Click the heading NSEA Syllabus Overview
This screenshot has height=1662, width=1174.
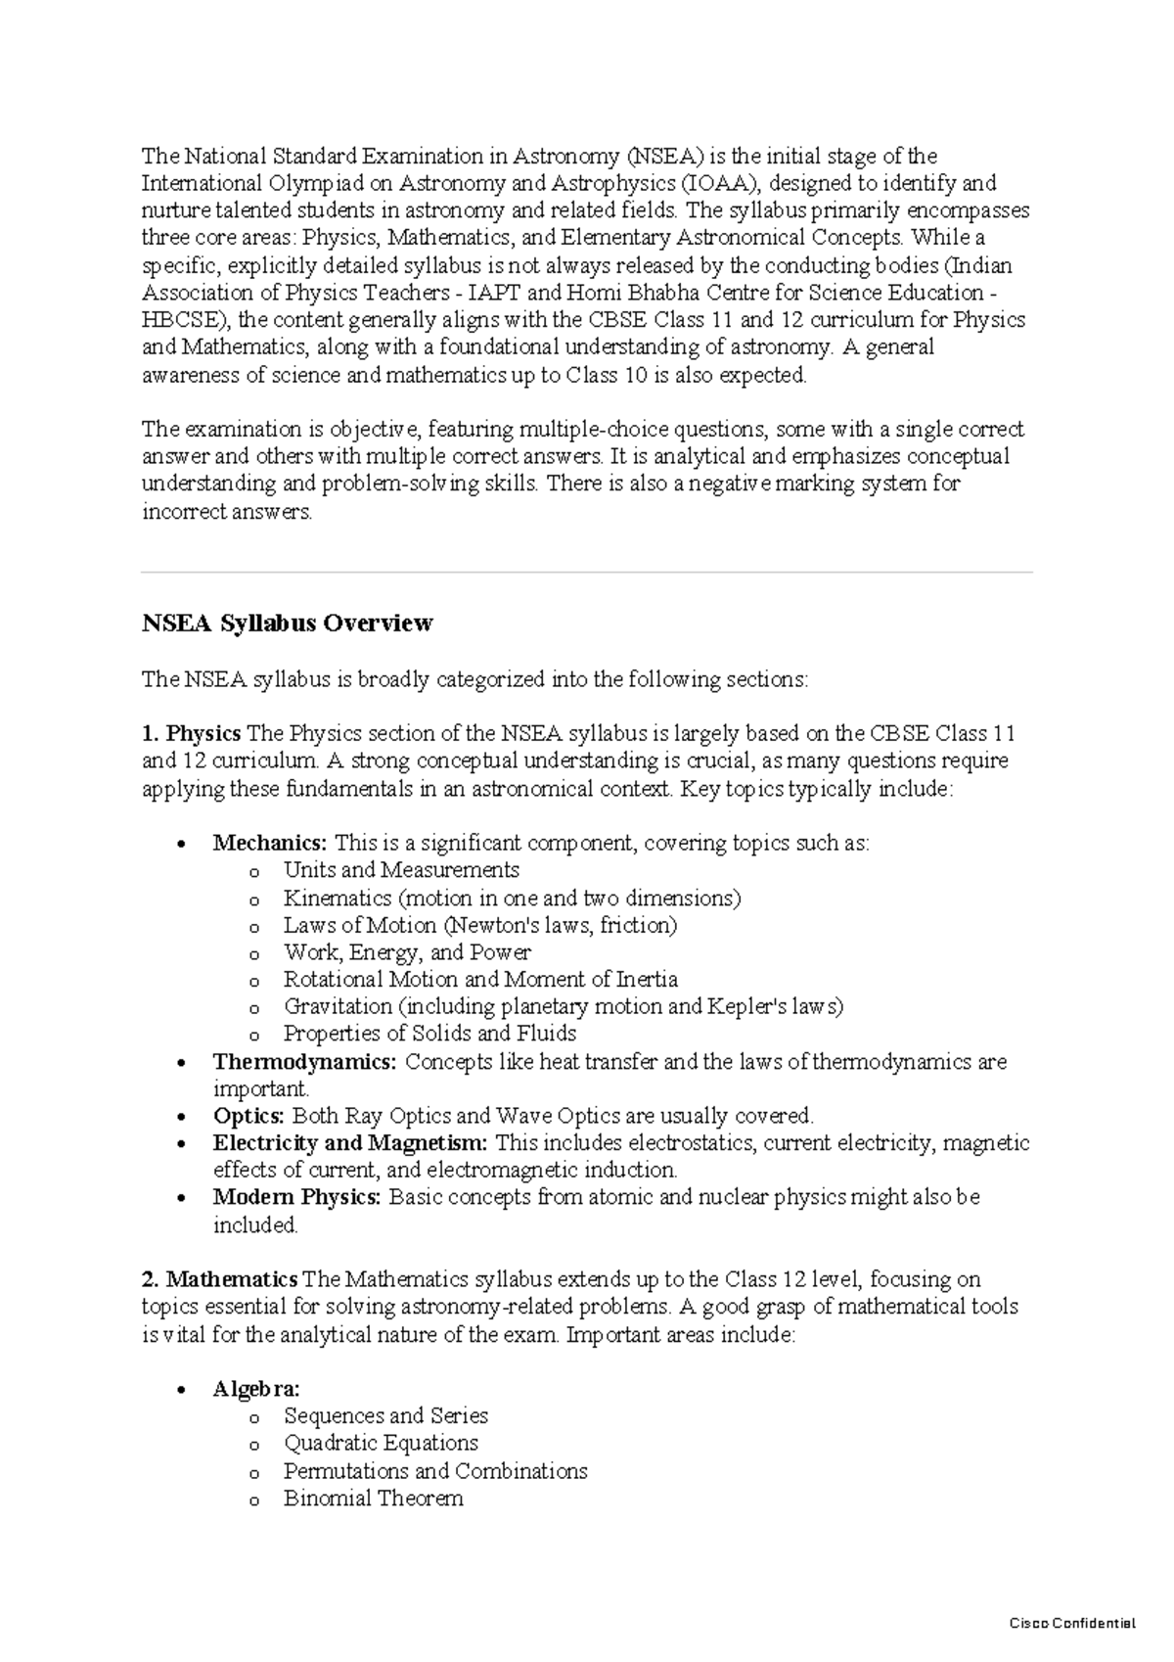287,623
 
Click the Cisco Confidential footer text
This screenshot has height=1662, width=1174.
1071,1623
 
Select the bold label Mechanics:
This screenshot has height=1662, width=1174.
271,843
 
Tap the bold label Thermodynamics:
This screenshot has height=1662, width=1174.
304,1062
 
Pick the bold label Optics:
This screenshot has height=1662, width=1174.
248,1116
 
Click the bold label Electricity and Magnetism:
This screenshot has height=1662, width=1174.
349,1143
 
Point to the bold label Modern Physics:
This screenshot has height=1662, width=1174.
296,1197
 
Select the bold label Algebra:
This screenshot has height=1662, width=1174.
256,1389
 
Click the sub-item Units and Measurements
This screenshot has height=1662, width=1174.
401,870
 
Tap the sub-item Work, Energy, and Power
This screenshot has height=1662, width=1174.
407,952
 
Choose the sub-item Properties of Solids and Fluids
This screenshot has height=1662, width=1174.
429,1034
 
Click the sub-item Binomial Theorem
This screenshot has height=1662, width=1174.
373,1499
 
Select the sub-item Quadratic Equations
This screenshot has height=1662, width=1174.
381,1443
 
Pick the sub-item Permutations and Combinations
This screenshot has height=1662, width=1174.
435,1471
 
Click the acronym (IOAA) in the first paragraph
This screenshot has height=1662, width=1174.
720,183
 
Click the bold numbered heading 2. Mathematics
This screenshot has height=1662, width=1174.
219,1279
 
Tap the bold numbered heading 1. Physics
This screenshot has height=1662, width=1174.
191,733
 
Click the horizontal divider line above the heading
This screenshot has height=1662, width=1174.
587,572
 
